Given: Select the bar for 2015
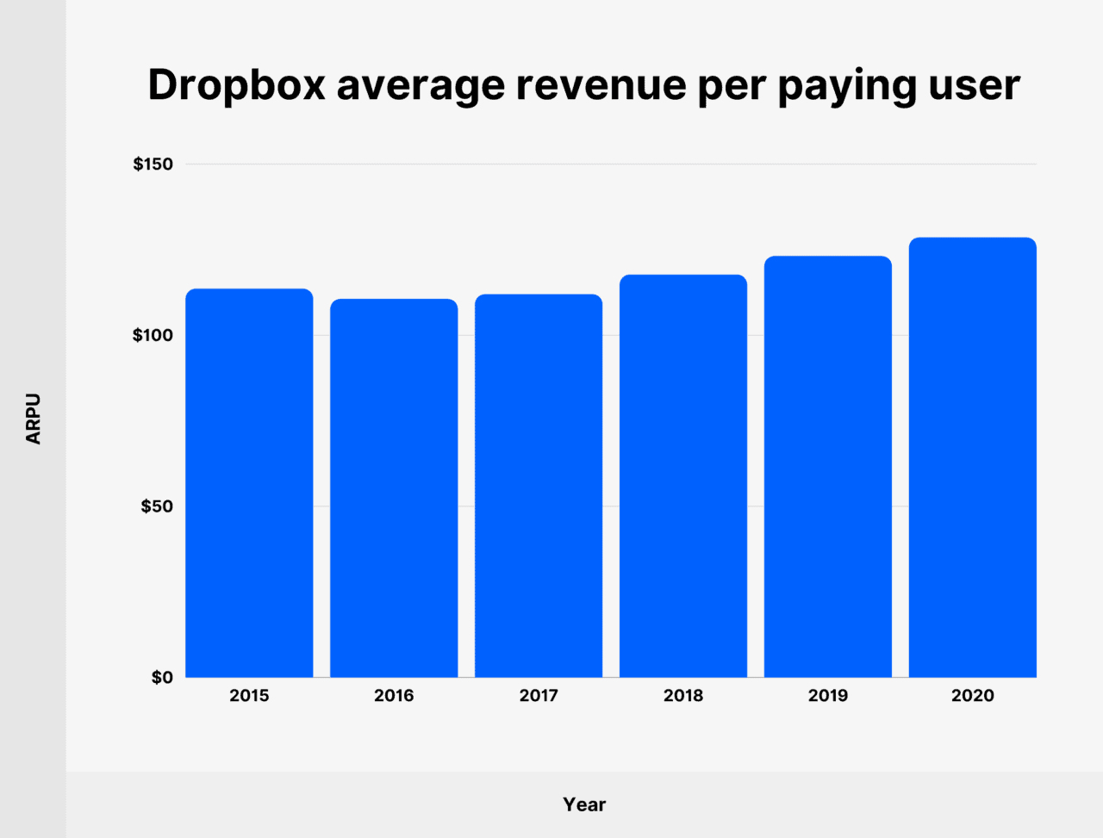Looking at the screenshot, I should point(249,482).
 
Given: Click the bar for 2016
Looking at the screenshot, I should point(394,487).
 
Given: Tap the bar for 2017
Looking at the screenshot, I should point(539,486).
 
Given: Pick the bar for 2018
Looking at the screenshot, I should point(683,475).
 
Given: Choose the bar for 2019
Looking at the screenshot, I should point(828,466).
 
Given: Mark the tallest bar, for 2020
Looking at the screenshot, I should point(973,456).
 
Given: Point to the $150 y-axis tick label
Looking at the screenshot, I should point(153,164).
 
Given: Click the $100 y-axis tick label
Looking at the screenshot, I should point(153,335).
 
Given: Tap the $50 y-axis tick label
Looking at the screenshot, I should point(157,506).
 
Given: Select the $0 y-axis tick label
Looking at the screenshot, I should point(162,678).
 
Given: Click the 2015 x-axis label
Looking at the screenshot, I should point(249,696).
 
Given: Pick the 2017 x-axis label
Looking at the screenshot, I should point(539,696).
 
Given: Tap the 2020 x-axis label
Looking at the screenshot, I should point(973,696).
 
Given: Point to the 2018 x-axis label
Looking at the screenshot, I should point(683,696).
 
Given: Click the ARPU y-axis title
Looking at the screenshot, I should point(34,419).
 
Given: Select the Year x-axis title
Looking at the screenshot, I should point(584,804).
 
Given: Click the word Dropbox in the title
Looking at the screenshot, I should point(236,86).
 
